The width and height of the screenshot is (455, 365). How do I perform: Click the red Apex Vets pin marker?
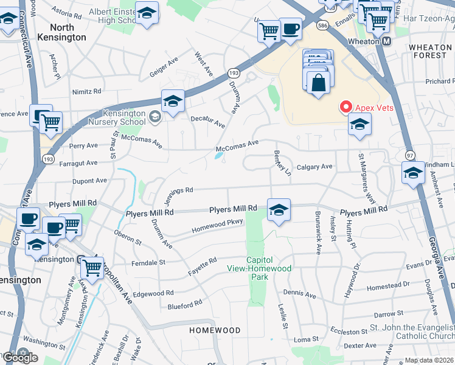tap(346, 107)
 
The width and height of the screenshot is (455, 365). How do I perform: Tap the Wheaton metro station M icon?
tap(386, 41)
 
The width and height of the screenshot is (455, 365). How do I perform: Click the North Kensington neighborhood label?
tap(61, 32)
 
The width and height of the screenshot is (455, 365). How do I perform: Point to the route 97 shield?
tap(410, 155)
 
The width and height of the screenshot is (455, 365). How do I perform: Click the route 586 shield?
tap(322, 26)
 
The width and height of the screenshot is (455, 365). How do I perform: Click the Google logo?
tap(19, 358)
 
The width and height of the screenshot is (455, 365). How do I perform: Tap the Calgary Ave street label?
tap(314, 167)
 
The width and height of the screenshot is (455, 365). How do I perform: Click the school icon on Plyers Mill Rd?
tap(279, 210)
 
